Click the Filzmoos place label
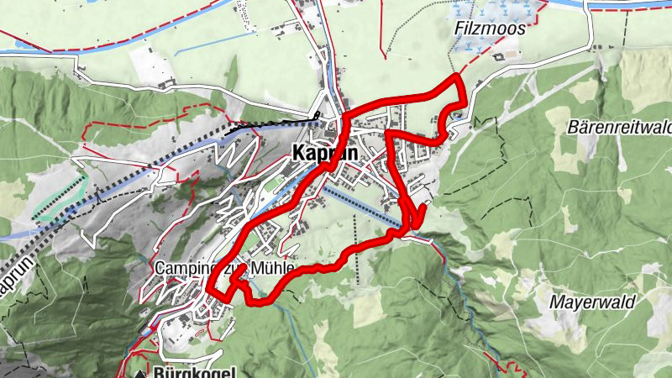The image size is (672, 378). (x=490, y=28)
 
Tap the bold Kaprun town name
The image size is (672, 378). (x=324, y=154)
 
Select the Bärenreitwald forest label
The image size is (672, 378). (x=622, y=128)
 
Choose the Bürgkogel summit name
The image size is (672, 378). (x=194, y=371)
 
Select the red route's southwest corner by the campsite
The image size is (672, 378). (x=209, y=290)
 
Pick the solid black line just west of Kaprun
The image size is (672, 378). (x=269, y=124)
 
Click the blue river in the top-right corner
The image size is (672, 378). (x=630, y=4)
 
